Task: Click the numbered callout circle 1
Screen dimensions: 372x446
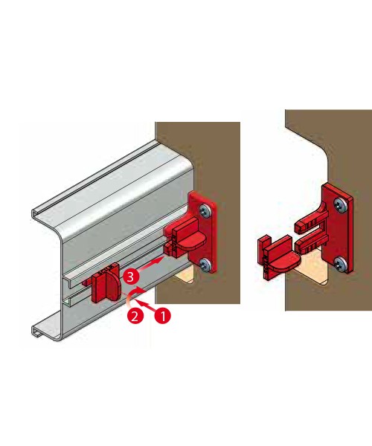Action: [163, 316]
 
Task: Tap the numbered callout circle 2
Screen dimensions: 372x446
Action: [135, 316]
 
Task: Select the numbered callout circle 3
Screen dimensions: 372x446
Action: [131, 277]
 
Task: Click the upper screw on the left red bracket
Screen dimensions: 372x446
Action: [205, 211]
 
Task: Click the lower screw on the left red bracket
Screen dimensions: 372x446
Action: [205, 265]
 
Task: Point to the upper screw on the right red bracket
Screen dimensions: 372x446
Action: [339, 205]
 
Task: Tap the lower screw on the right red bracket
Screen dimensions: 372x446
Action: [340, 263]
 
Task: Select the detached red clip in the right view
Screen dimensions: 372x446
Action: [278, 257]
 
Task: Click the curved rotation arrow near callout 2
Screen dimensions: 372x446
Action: [131, 296]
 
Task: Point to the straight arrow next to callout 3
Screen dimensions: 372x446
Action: [152, 262]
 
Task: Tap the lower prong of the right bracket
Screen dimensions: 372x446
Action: [311, 244]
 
